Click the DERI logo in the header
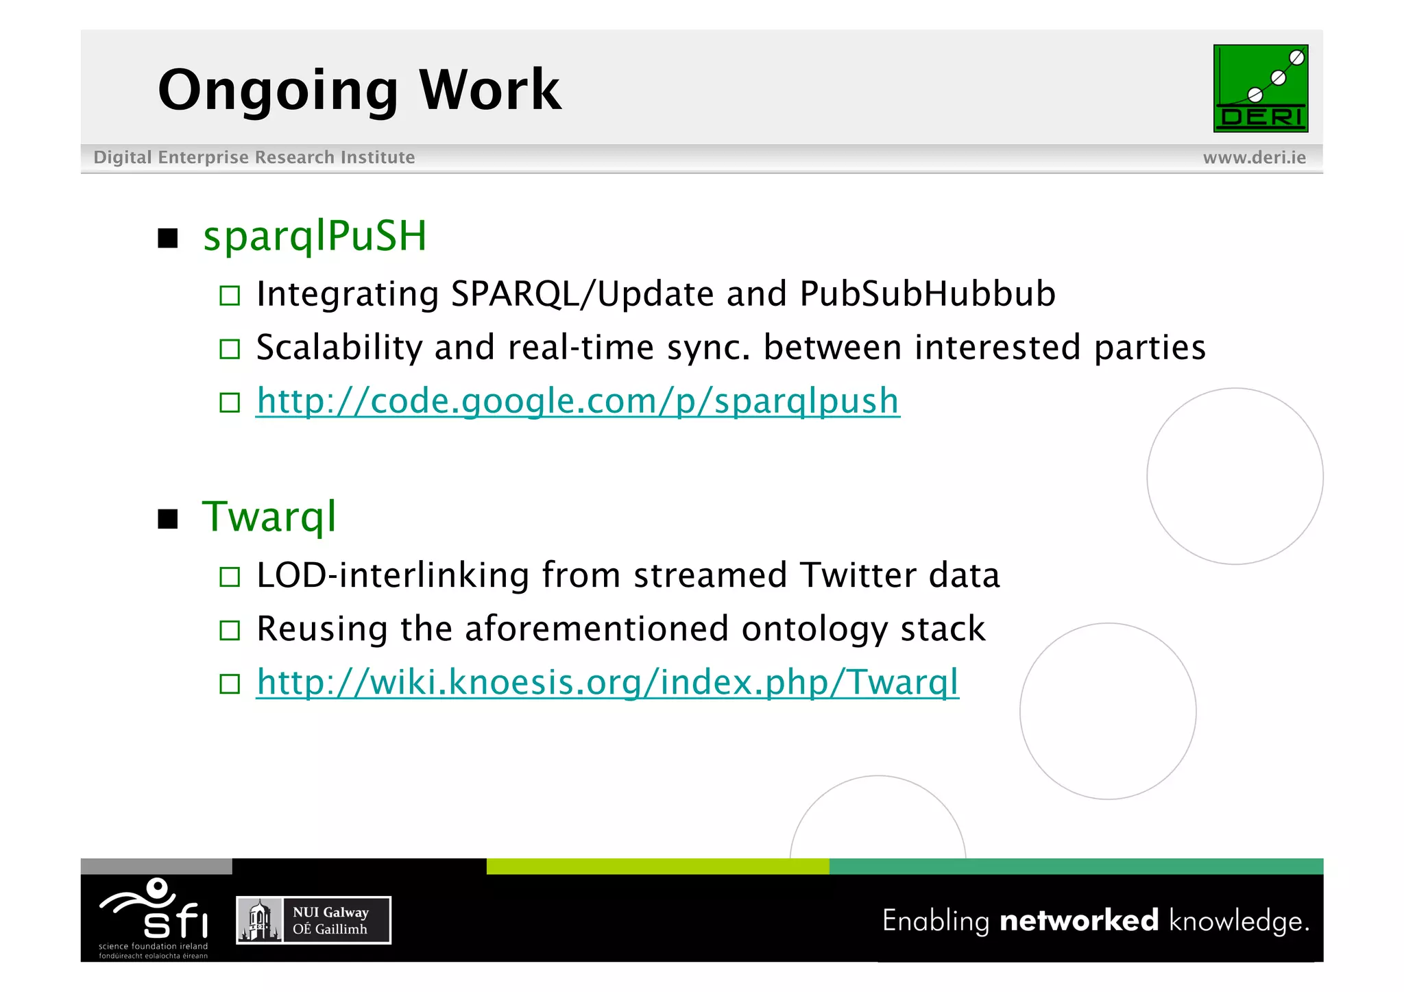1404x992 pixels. click(x=1260, y=88)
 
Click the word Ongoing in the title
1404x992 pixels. click(x=278, y=90)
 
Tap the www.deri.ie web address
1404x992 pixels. click(x=1254, y=158)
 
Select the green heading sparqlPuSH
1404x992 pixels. click(x=315, y=237)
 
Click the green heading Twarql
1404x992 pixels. click(x=269, y=517)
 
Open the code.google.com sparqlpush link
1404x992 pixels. click(x=577, y=402)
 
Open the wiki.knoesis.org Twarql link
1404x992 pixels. click(x=607, y=683)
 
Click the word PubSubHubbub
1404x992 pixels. click(x=927, y=295)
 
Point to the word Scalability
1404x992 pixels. click(x=339, y=348)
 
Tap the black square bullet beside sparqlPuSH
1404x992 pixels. click(x=168, y=239)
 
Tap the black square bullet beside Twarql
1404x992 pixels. click(x=168, y=519)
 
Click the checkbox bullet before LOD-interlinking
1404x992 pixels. click(x=230, y=577)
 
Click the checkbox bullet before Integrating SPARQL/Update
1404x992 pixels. click(x=230, y=296)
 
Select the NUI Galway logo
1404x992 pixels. click(x=313, y=921)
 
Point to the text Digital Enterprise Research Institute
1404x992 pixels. click(x=254, y=158)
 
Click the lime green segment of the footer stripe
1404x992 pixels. click(x=657, y=867)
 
